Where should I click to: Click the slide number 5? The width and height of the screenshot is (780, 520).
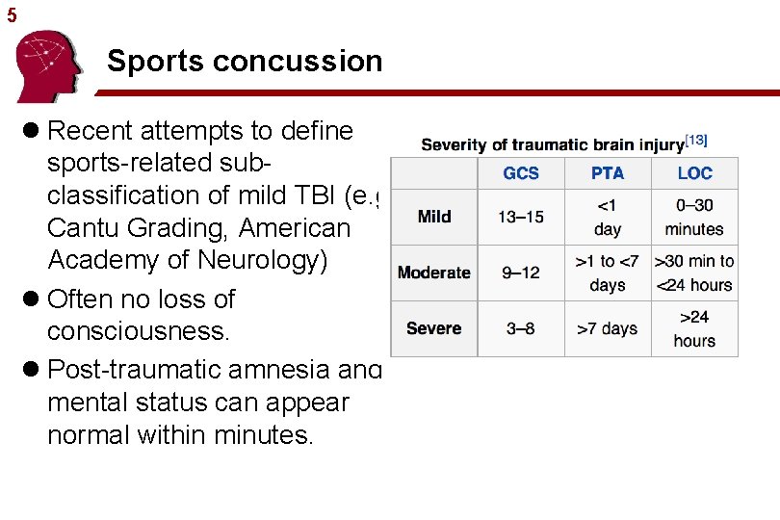point(11,16)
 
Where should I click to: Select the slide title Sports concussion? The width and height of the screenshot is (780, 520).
point(245,62)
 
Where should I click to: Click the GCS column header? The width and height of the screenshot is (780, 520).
point(521,173)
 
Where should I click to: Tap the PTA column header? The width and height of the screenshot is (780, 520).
point(608,173)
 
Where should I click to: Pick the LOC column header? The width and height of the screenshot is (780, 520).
point(694,173)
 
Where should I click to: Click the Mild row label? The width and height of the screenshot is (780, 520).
point(434,217)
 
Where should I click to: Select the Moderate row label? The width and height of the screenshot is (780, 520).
point(434,273)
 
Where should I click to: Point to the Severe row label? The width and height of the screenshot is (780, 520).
point(434,328)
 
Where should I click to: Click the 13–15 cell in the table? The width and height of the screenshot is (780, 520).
point(521,217)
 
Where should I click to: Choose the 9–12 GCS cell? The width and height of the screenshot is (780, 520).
point(521,273)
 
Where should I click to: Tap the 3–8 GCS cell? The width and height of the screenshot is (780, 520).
point(521,328)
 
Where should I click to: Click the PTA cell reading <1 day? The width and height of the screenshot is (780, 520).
point(608,217)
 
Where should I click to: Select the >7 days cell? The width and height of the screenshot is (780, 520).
point(608,328)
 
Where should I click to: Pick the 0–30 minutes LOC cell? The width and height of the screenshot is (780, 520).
point(694,217)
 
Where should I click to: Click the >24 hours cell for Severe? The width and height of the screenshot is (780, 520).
point(694,328)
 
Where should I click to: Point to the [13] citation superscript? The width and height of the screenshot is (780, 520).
point(696,141)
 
